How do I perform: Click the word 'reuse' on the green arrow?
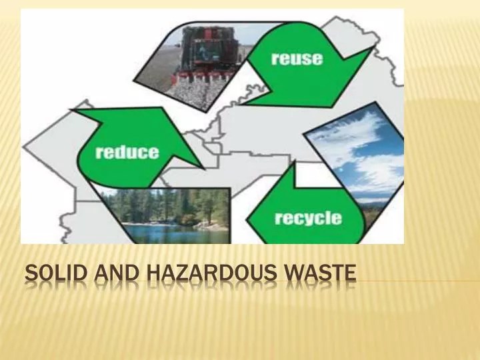click(297, 58)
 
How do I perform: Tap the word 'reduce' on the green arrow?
click(127, 152)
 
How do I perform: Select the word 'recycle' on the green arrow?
click(307, 218)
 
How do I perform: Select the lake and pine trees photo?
click(167, 210)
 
